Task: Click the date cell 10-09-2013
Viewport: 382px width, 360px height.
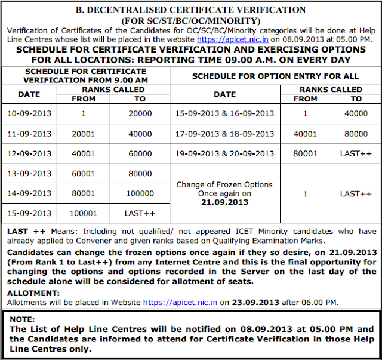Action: [x=29, y=113]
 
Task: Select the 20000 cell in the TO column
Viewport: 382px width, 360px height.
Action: [x=140, y=113]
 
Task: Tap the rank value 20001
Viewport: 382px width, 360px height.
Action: [x=83, y=134]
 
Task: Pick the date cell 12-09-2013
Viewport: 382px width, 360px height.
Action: [x=29, y=154]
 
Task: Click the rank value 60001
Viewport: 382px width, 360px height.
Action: [x=83, y=174]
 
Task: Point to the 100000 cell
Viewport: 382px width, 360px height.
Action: [x=140, y=193]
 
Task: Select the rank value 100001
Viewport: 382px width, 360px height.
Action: [x=83, y=213]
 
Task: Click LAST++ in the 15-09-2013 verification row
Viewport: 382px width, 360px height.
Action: [x=140, y=213]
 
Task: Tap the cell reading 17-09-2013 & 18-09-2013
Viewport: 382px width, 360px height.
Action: [x=224, y=134]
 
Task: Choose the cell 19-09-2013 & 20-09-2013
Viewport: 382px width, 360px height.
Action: [x=224, y=154]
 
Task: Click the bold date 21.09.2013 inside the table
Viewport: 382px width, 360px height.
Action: [x=224, y=203]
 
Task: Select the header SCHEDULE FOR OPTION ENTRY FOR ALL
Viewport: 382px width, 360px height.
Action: [x=275, y=76]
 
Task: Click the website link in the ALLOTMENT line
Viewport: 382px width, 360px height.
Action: [x=180, y=302]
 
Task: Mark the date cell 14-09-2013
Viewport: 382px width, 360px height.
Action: [x=29, y=193]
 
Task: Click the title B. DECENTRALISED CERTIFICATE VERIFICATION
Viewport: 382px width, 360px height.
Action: [x=191, y=10]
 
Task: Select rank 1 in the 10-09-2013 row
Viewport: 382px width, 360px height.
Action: [x=83, y=113]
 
